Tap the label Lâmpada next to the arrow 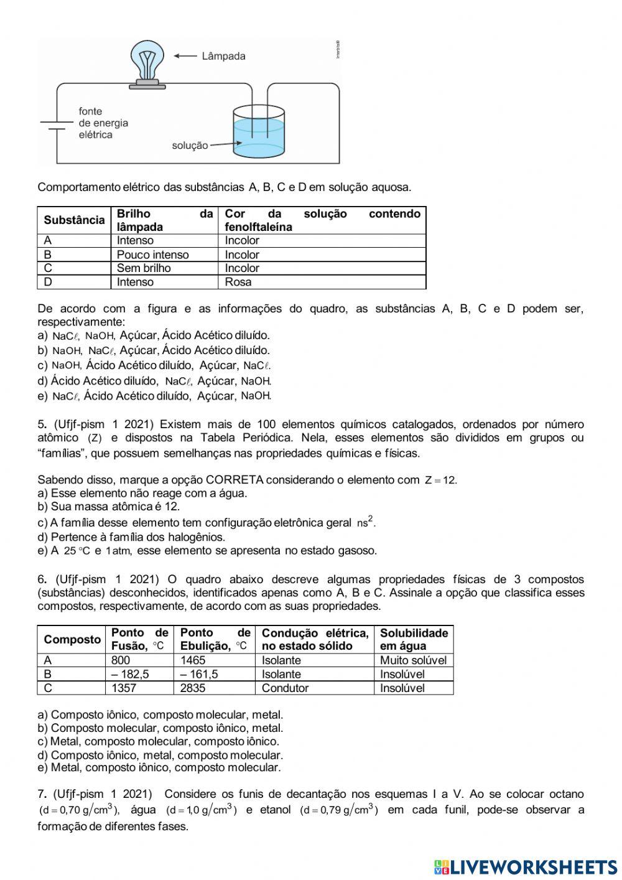tap(223, 56)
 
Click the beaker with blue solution tap(259, 132)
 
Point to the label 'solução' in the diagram tap(190, 146)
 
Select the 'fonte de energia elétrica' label tap(103, 123)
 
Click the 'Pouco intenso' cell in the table tap(152, 255)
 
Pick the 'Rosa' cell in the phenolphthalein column tap(238, 282)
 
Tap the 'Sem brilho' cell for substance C tap(143, 268)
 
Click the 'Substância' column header tap(74, 220)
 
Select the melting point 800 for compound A tap(121, 660)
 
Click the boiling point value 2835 tap(193, 688)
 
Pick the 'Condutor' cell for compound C tap(285, 688)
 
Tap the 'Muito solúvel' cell tap(413, 660)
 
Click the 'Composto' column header tap(72, 639)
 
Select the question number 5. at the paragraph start tap(42, 424)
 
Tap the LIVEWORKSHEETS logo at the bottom tap(526, 867)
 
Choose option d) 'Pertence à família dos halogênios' tap(131, 536)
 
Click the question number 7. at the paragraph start tap(42, 794)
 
